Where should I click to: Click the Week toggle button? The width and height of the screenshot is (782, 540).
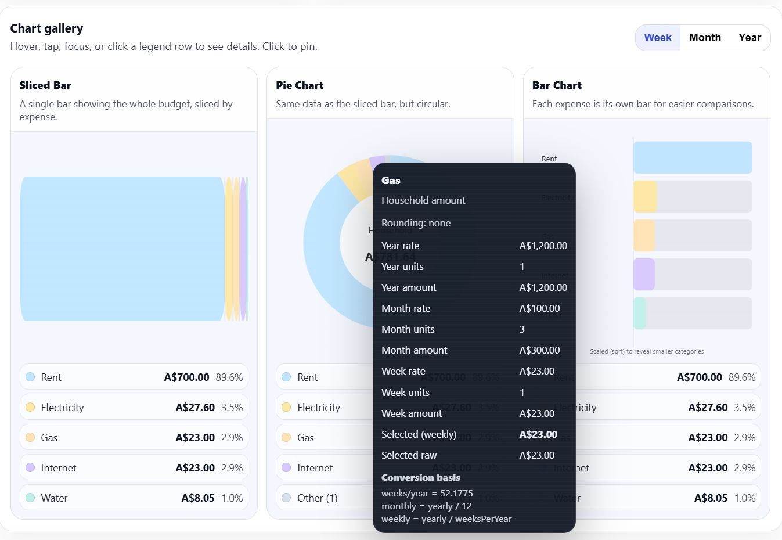click(658, 38)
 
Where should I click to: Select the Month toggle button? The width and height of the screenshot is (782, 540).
click(705, 38)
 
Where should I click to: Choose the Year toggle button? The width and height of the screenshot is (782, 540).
click(749, 38)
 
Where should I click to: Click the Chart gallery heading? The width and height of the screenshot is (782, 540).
click(46, 28)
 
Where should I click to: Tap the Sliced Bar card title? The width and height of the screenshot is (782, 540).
click(45, 85)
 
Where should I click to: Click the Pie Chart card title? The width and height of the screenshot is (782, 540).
click(300, 85)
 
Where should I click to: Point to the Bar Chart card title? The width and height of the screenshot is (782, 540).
click(557, 85)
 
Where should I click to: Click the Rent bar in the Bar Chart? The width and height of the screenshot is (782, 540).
click(692, 157)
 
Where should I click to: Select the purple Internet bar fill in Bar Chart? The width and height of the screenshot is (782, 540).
click(644, 274)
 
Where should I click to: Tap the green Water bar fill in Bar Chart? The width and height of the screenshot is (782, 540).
click(639, 313)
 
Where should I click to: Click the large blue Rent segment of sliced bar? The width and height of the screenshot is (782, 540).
click(122, 249)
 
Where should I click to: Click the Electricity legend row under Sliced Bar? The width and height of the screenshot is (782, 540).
click(134, 407)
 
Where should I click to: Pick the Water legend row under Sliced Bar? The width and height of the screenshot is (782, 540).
click(134, 498)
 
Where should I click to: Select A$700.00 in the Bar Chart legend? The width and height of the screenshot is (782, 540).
click(699, 377)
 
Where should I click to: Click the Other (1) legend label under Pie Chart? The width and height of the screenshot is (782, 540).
click(317, 498)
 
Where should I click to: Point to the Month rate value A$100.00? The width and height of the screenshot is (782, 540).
click(539, 308)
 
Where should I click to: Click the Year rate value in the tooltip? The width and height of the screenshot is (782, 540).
click(543, 246)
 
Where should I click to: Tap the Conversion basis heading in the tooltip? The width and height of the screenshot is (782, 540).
click(420, 477)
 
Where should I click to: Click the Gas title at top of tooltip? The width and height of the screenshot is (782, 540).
click(391, 181)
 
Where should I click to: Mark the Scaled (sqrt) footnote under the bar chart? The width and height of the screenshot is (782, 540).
click(647, 351)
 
